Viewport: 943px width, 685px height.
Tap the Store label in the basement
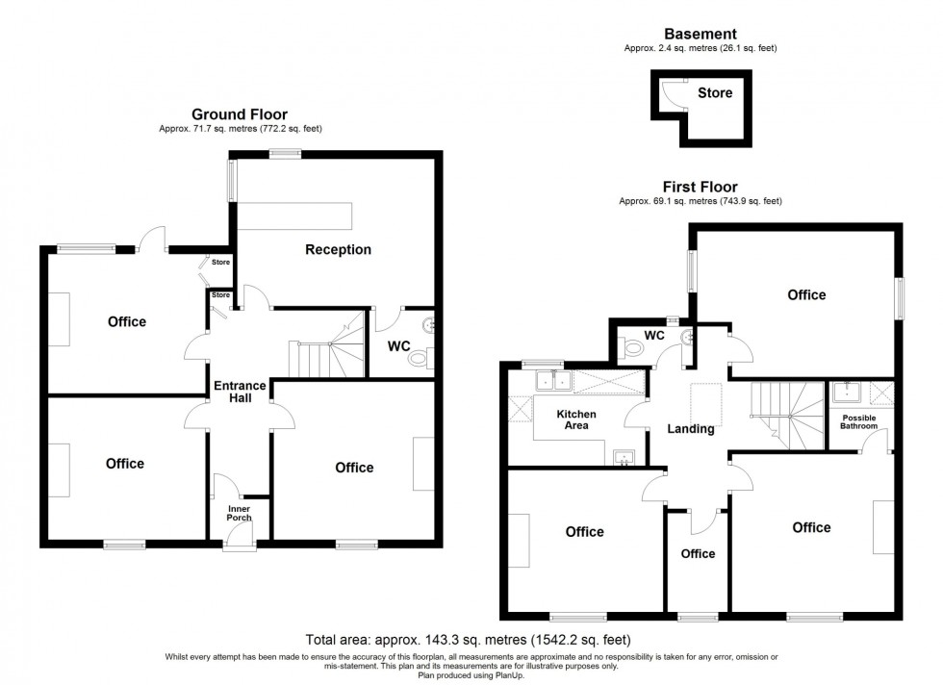coord(714,93)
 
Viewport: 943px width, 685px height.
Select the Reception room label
coord(338,250)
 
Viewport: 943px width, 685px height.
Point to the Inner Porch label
coord(239,513)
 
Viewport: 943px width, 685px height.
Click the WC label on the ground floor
coord(399,344)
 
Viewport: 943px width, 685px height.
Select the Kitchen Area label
coord(577,419)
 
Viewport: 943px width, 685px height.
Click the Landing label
coord(691,429)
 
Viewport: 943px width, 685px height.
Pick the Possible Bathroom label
coord(859,421)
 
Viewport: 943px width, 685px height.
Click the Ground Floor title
coord(240,114)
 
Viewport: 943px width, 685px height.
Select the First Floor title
coord(700,188)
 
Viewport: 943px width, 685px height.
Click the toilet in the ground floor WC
coord(421,359)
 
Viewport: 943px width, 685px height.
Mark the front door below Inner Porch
coord(238,545)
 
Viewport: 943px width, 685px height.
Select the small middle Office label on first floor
coord(698,553)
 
